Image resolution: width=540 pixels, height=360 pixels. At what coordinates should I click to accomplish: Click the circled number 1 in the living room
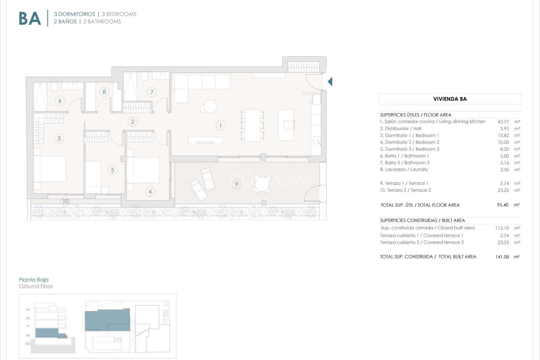[220, 125]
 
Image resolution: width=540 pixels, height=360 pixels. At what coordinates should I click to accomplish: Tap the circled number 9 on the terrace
[237, 184]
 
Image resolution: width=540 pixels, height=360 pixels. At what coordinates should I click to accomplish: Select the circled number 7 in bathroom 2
[152, 92]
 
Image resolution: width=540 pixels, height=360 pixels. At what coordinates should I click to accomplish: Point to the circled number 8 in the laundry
[104, 91]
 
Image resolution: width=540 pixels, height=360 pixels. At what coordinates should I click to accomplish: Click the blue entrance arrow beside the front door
[330, 82]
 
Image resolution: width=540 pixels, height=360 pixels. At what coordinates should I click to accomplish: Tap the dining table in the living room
[252, 125]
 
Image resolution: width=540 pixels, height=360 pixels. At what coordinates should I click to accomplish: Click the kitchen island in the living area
[286, 125]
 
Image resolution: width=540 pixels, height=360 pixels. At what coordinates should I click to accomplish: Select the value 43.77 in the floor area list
[503, 122]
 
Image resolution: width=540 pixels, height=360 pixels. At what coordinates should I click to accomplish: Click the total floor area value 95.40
[503, 205]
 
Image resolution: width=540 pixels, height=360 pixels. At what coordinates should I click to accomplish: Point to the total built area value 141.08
[502, 257]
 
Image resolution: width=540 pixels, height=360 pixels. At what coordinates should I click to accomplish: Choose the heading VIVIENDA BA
[450, 99]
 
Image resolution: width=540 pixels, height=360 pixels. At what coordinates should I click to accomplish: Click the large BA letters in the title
[30, 19]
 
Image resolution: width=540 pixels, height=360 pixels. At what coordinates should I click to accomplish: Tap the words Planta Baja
[33, 280]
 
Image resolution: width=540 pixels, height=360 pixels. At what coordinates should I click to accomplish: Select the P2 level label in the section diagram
[28, 318]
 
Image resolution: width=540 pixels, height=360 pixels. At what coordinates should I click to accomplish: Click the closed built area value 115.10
[502, 228]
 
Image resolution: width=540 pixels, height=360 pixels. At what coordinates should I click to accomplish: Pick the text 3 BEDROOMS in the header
[119, 14]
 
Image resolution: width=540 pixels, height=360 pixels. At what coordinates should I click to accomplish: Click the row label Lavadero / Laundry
[404, 169]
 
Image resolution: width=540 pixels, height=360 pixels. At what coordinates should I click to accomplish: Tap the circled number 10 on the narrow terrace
[66, 201]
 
